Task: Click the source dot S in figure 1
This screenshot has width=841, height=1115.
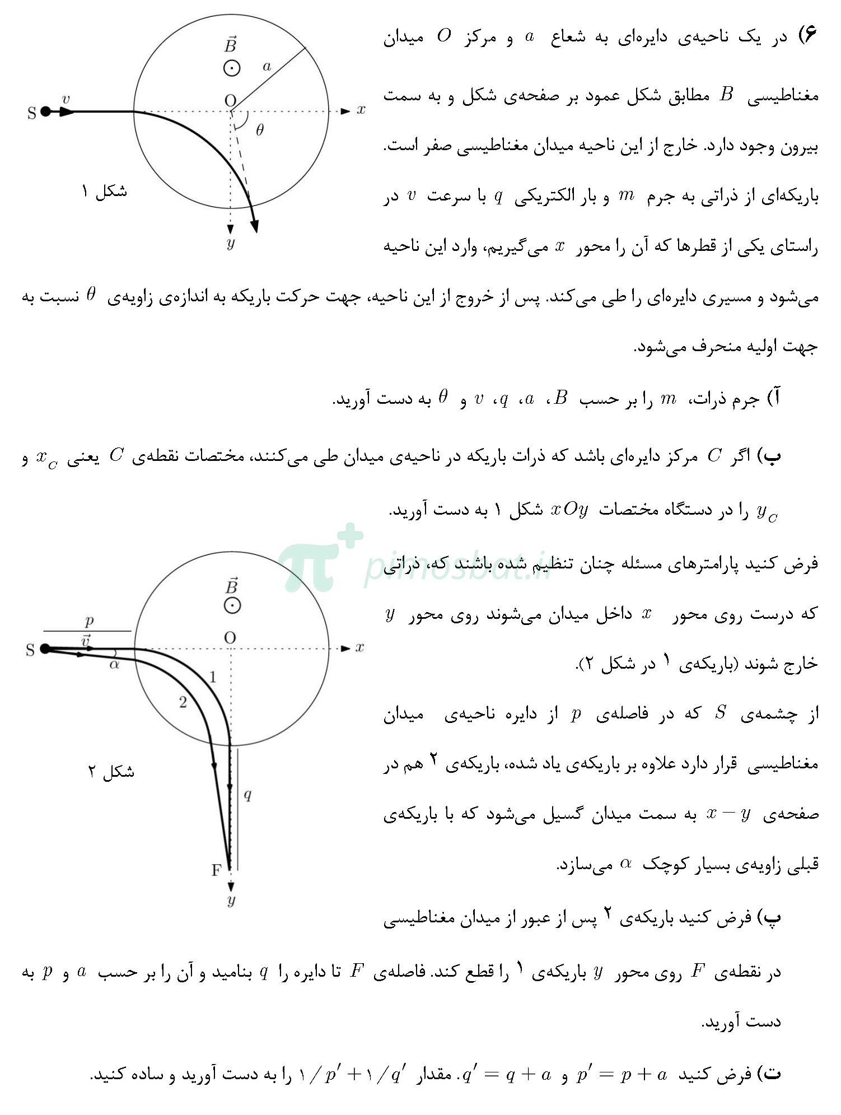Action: [x=45, y=111]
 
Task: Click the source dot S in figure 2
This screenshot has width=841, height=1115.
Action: [x=45, y=649]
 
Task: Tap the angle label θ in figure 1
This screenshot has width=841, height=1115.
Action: [x=260, y=130]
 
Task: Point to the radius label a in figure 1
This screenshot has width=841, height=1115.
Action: [x=267, y=67]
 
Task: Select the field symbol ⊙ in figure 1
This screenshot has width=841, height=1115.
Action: [x=231, y=68]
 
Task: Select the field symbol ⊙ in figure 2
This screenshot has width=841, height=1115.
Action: [x=232, y=605]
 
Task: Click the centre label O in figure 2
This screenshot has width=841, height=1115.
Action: [x=230, y=637]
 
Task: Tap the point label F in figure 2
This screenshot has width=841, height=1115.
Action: [x=217, y=870]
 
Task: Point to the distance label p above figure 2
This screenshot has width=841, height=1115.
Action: [x=89, y=621]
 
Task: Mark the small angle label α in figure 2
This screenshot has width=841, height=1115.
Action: [x=114, y=665]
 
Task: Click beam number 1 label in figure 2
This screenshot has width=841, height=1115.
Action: [x=212, y=678]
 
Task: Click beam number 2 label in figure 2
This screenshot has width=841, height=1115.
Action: [x=183, y=702]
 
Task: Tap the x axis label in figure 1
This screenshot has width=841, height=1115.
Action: [x=361, y=110]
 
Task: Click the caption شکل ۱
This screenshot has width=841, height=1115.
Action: [x=105, y=192]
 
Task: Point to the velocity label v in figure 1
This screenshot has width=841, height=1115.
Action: [x=66, y=100]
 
